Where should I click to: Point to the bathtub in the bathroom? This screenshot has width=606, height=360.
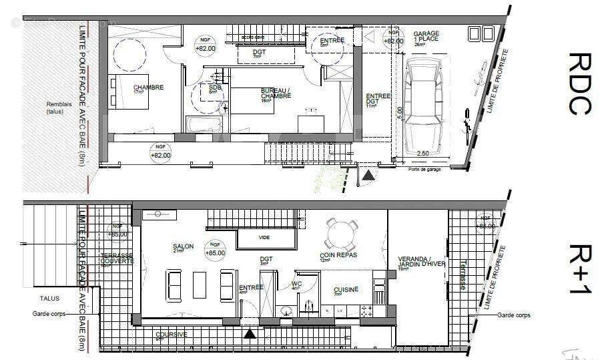tap(204, 125)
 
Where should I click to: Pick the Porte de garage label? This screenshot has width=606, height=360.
tap(428, 169)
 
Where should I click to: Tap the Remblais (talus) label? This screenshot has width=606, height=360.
tap(58, 108)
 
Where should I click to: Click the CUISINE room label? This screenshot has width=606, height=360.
tap(346, 289)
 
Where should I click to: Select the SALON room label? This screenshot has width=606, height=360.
tap(183, 247)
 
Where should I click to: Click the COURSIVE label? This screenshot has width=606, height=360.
tap(170, 335)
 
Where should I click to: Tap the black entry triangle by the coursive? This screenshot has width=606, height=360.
tap(250, 332)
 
